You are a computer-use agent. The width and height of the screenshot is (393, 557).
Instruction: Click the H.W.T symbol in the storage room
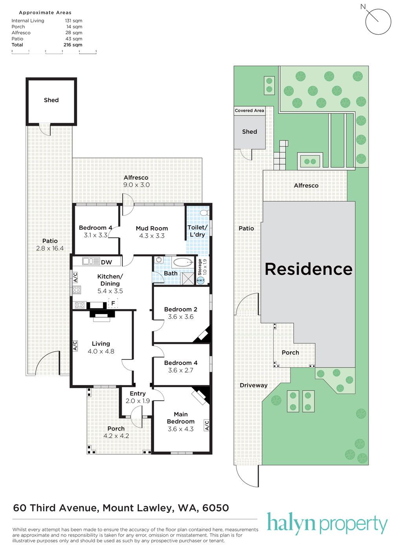click(x=200, y=281)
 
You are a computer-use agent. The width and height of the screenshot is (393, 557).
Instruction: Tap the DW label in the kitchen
click(x=107, y=262)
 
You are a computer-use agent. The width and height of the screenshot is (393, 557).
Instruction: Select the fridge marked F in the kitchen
click(x=113, y=303)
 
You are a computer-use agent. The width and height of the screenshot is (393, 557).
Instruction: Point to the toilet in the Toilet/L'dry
click(x=205, y=213)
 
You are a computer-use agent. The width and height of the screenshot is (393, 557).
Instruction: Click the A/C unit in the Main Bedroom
click(x=207, y=425)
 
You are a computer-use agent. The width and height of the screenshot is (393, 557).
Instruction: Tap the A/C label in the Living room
click(x=75, y=346)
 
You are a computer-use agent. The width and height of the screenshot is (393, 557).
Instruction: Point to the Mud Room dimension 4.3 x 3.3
click(x=152, y=235)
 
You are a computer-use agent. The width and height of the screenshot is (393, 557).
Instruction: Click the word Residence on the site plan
click(x=309, y=269)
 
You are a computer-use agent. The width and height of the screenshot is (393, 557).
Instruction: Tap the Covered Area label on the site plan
click(x=249, y=110)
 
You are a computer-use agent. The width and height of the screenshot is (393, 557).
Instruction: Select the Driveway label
click(x=253, y=385)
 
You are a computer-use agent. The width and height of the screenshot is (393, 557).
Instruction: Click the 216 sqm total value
click(x=73, y=45)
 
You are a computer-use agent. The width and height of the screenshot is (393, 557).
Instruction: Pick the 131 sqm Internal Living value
click(x=73, y=20)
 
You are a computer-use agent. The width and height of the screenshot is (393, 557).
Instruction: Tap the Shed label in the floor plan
click(x=51, y=100)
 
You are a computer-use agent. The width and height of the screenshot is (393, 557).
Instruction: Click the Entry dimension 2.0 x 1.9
click(x=138, y=401)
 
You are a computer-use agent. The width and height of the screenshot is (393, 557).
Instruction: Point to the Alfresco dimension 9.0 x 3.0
click(x=136, y=185)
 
